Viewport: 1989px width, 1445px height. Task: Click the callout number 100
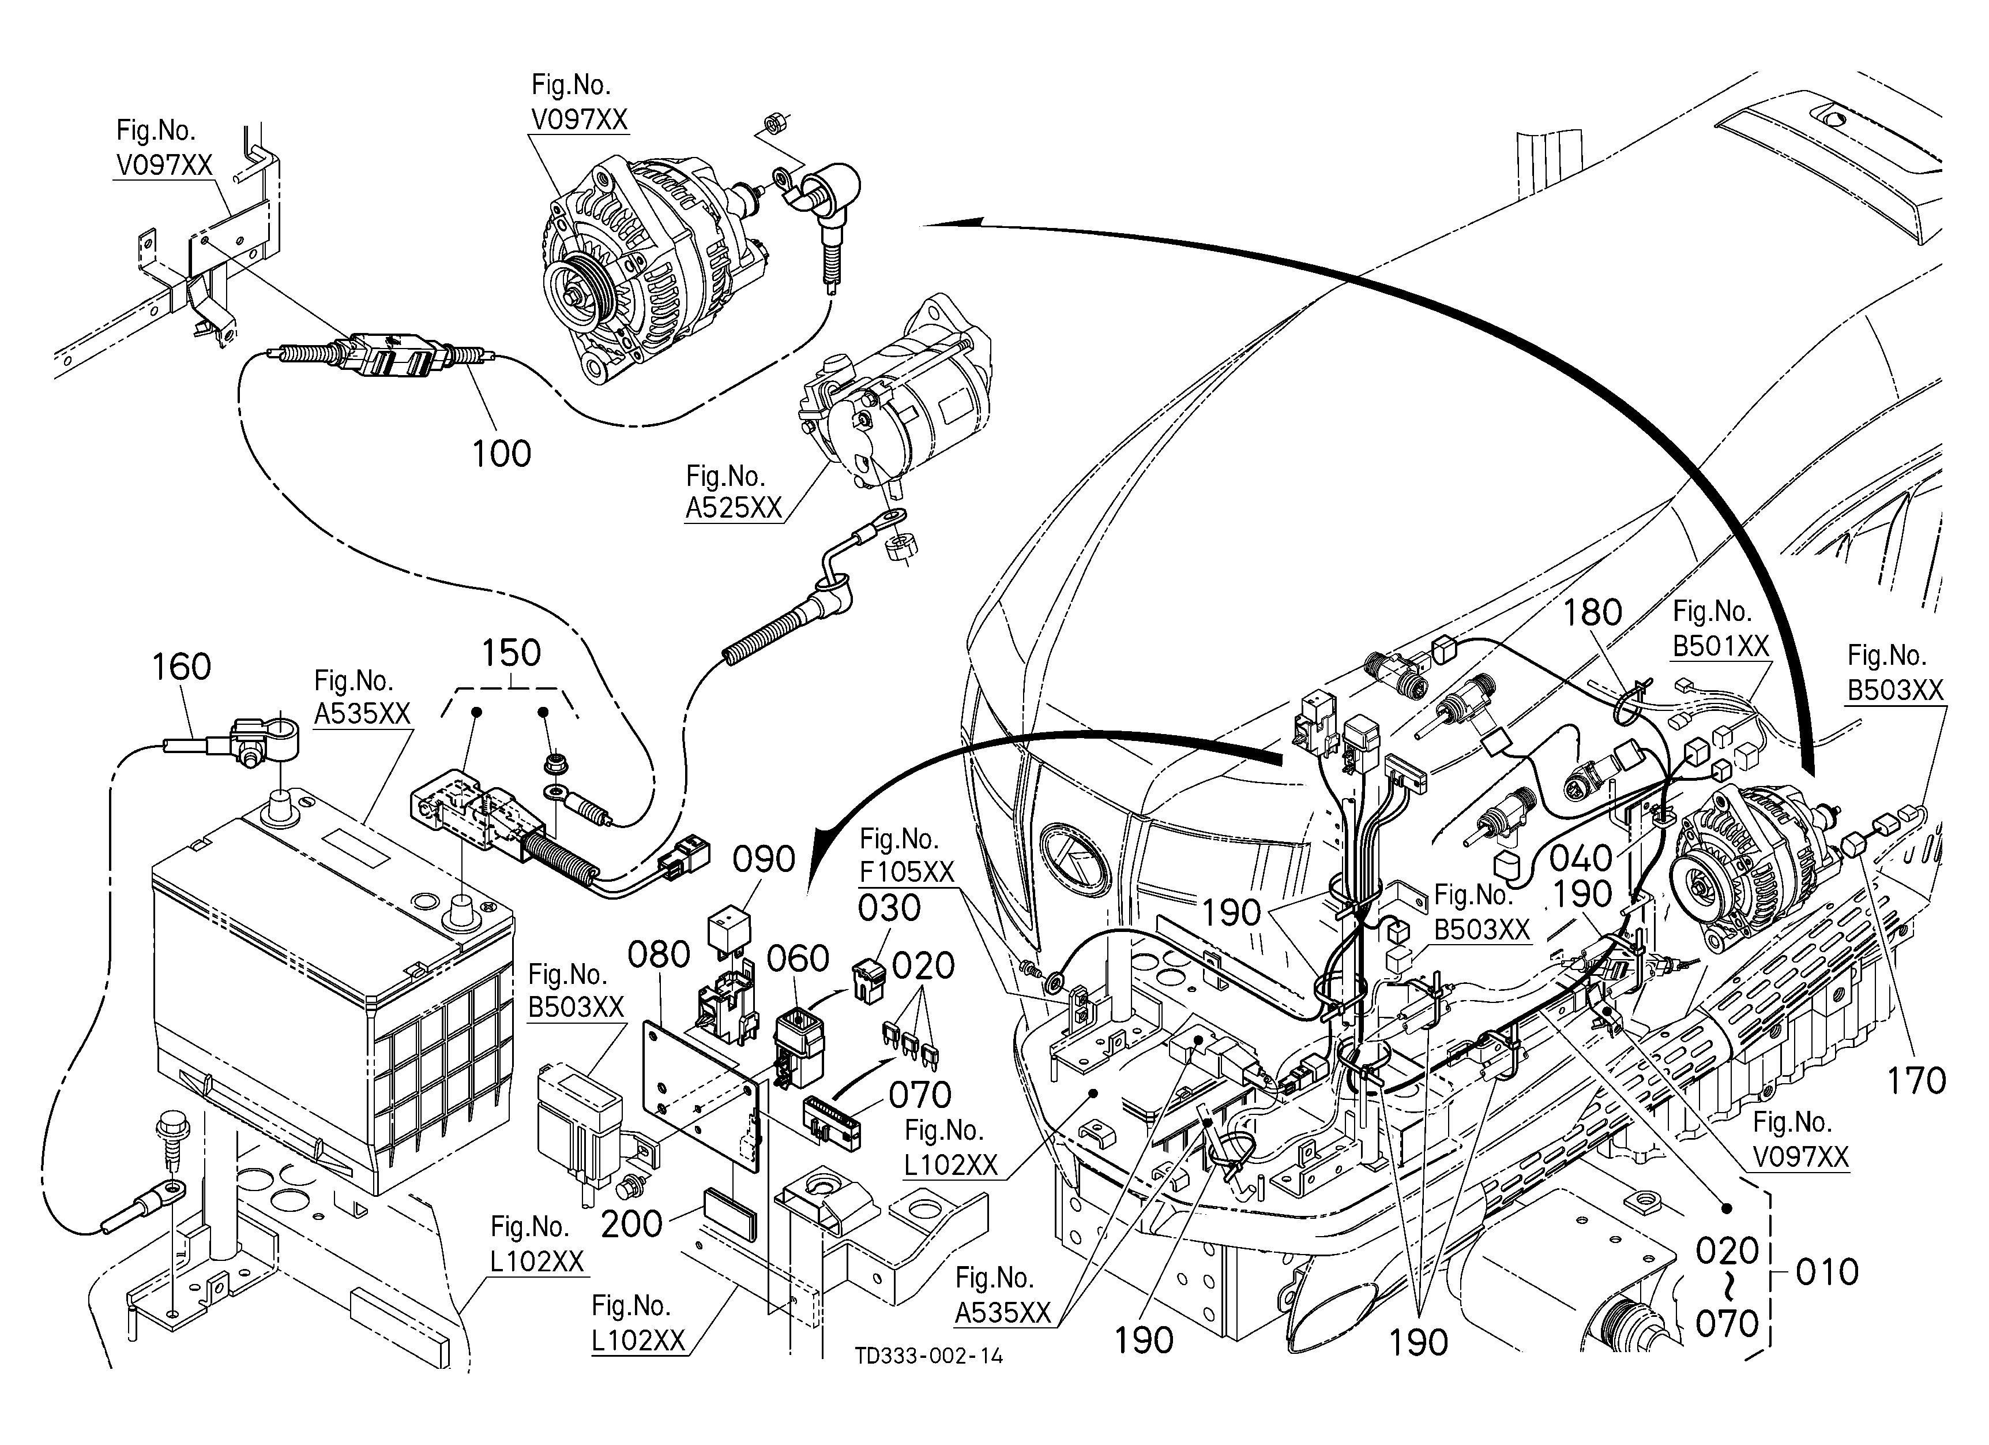[502, 454]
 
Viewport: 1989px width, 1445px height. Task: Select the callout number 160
[182, 667]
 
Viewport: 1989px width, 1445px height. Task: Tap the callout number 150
[512, 653]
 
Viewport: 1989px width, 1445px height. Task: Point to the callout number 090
[764, 860]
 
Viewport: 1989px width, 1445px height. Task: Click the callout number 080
[660, 954]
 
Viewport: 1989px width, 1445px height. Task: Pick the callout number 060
[798, 959]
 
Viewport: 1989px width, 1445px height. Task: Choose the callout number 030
[889, 908]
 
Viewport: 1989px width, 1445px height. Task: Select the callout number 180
[1593, 612]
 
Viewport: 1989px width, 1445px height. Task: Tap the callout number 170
[1916, 1081]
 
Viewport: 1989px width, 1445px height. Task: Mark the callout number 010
[1828, 1272]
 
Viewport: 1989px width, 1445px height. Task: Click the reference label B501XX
[1721, 646]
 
